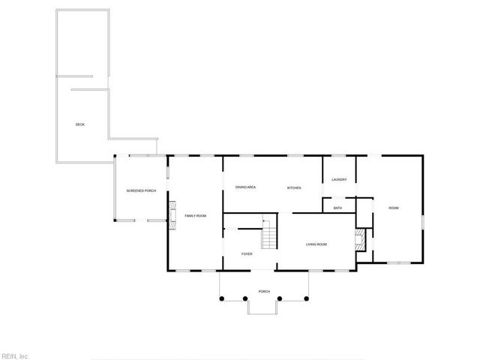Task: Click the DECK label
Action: (x=79, y=124)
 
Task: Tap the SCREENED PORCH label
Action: (x=141, y=191)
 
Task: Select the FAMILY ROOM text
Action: (x=195, y=216)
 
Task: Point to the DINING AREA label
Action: (x=246, y=187)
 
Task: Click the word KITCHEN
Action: (x=293, y=187)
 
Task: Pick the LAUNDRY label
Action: (x=338, y=180)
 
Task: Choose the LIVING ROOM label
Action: (x=316, y=244)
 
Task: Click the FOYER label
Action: (x=247, y=254)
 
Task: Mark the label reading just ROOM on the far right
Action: (x=393, y=208)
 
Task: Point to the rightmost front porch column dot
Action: (x=307, y=299)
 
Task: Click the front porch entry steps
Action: (x=264, y=307)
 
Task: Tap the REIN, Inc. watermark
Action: (x=15, y=355)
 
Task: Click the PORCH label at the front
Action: (x=264, y=292)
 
